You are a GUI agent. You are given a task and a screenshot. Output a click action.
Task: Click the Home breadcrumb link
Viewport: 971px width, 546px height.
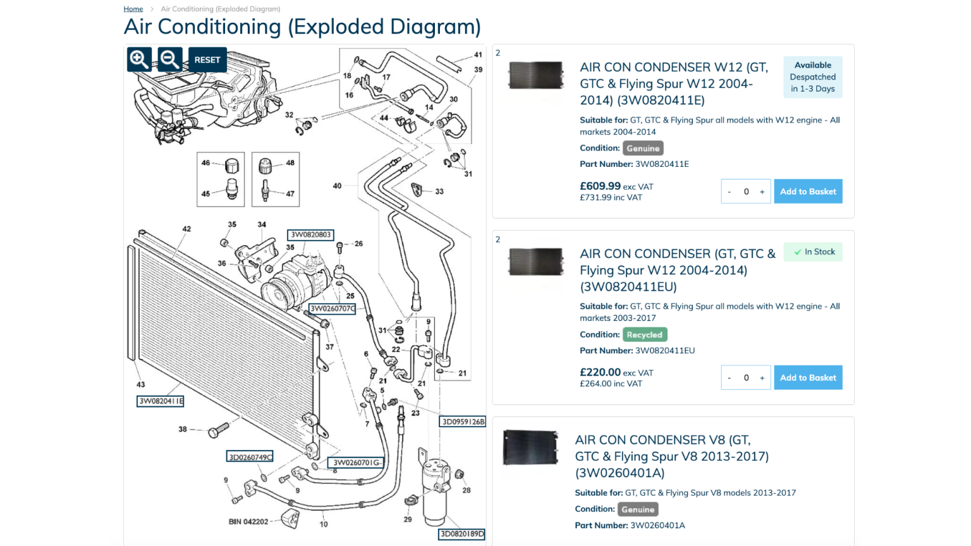[133, 9]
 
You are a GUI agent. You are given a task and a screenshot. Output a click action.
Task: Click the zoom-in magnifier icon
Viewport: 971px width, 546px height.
[139, 59]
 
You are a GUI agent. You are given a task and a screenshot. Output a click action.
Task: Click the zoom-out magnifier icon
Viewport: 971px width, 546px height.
[169, 59]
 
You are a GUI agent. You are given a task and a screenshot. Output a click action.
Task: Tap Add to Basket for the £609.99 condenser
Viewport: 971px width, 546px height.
[807, 191]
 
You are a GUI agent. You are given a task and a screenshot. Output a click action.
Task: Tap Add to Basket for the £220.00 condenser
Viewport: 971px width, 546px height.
[807, 378]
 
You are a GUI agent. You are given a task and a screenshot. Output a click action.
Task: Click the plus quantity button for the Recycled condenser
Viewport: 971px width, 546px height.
[762, 378]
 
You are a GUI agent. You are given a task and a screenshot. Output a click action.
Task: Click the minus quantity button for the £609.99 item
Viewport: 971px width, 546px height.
[730, 191]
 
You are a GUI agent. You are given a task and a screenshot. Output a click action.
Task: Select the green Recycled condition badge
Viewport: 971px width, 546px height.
[644, 335]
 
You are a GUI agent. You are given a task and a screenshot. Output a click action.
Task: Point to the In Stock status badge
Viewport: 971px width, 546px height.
[813, 252]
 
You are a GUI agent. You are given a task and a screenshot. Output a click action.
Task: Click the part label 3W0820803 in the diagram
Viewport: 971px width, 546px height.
[310, 235]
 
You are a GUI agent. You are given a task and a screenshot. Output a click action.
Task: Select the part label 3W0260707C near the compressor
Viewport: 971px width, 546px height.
[332, 309]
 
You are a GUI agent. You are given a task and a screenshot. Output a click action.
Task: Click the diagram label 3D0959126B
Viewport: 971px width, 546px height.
[463, 422]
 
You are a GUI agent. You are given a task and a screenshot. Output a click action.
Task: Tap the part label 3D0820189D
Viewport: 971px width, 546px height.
[461, 534]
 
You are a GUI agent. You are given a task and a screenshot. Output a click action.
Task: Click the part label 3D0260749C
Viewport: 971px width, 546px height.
[250, 457]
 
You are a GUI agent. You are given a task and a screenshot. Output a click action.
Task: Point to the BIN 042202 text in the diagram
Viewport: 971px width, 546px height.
[248, 522]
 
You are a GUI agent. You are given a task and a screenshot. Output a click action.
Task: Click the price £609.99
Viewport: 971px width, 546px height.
[600, 186]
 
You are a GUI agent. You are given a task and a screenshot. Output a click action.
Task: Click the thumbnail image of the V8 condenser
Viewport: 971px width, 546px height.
[530, 447]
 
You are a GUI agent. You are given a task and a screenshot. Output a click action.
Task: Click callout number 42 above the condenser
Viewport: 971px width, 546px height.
[186, 229]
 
